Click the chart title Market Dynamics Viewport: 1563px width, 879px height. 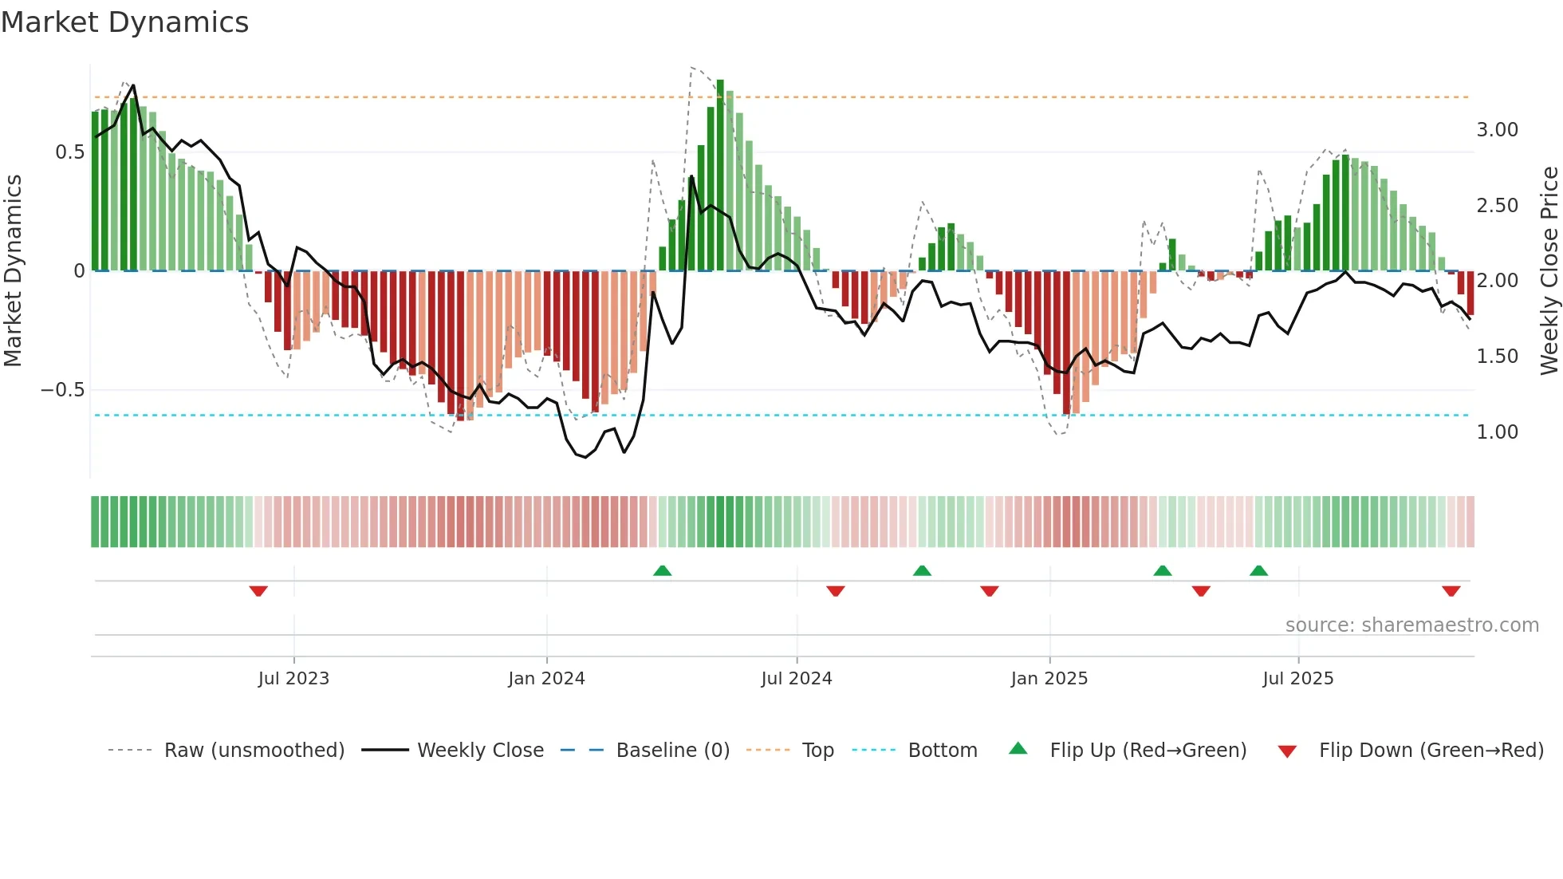[x=124, y=22]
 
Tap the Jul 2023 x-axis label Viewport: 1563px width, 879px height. [x=293, y=679]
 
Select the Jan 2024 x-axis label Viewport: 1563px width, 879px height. [x=546, y=679]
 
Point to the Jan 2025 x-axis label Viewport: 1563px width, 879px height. [x=1049, y=679]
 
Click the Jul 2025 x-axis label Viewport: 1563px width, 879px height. [x=1297, y=679]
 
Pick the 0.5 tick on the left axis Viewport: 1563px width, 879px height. [x=69, y=152]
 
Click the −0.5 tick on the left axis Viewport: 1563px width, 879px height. [x=63, y=390]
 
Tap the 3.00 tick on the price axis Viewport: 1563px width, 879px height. [x=1497, y=130]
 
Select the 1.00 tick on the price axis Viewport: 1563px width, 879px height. [x=1497, y=432]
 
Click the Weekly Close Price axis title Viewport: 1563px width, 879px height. [x=1549, y=270]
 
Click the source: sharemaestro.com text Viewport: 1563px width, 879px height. [x=1411, y=625]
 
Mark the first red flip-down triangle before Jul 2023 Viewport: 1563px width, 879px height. [x=258, y=591]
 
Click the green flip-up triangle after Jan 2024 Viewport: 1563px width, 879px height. [x=662, y=570]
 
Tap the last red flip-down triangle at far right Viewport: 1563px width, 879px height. [x=1451, y=591]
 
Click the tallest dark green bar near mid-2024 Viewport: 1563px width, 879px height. [x=720, y=175]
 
